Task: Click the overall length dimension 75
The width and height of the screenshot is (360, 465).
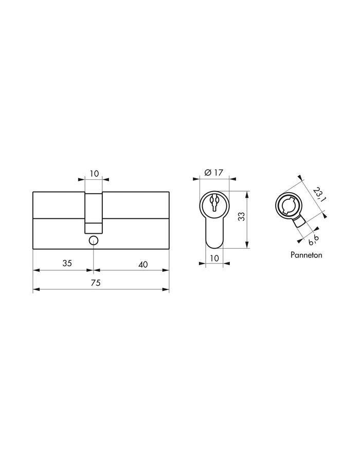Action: click(x=95, y=283)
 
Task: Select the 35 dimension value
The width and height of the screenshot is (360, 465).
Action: click(x=67, y=264)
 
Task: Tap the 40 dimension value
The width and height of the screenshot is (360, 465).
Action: click(x=143, y=264)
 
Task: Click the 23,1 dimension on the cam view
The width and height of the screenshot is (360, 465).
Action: click(x=317, y=193)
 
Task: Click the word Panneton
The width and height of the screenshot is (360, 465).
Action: click(x=307, y=254)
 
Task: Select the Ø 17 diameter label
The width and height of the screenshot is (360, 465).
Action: click(x=213, y=173)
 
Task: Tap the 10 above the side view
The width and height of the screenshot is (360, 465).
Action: click(x=94, y=174)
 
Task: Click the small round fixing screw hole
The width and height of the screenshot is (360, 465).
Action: click(x=93, y=240)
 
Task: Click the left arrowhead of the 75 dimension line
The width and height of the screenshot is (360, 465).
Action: click(x=35, y=290)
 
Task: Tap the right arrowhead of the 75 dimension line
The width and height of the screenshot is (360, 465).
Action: click(x=167, y=290)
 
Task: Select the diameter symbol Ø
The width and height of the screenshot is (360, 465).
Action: click(x=207, y=173)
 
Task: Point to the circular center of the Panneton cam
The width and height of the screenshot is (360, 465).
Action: click(x=286, y=205)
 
